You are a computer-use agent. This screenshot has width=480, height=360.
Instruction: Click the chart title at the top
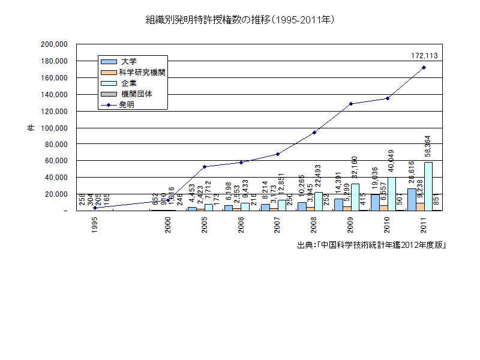pyautogui.click(x=240, y=20)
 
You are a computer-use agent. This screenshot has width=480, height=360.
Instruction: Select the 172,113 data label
pyautogui.click(x=424, y=56)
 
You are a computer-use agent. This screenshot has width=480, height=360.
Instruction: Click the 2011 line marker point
pyautogui.click(x=424, y=67)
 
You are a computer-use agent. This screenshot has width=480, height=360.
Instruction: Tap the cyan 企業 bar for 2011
pyautogui.click(x=428, y=186)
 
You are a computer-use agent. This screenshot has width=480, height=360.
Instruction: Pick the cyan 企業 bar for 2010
pyautogui.click(x=392, y=194)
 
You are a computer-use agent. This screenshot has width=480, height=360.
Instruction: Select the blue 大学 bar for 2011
pyautogui.click(x=411, y=200)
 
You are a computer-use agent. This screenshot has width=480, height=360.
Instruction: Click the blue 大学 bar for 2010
pyautogui.click(x=374, y=203)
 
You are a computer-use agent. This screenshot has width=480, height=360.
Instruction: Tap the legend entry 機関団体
pyautogui.click(x=136, y=94)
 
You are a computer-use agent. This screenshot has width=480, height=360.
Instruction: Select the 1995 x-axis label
pyautogui.click(x=94, y=225)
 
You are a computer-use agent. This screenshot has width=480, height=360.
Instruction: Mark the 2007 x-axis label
pyautogui.click(x=277, y=225)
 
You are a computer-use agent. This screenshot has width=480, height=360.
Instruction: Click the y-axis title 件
pyautogui.click(x=30, y=128)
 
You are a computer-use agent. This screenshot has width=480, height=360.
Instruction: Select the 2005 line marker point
pyautogui.click(x=205, y=167)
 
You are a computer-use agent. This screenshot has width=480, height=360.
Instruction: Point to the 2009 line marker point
pyautogui.click(x=350, y=104)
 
